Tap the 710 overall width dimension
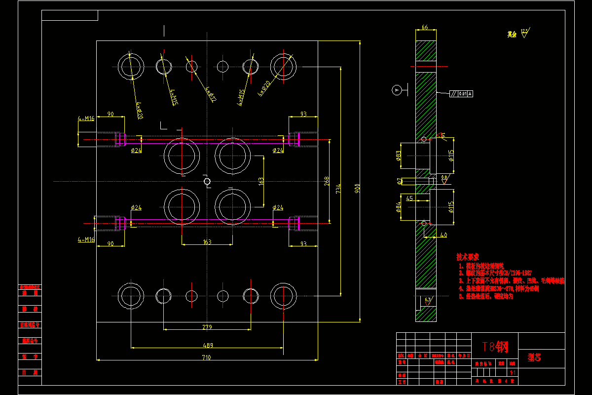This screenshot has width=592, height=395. click(x=206, y=357)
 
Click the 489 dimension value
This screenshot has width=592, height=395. click(x=206, y=345)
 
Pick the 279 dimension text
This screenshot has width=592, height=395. click(x=207, y=327)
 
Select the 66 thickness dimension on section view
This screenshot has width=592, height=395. click(x=425, y=28)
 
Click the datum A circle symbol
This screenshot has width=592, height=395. click(x=396, y=90)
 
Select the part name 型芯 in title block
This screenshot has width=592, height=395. click(x=534, y=357)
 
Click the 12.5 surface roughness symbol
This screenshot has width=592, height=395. click(x=524, y=33)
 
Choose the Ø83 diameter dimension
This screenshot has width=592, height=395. click(x=398, y=157)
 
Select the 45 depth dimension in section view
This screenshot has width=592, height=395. click(x=409, y=198)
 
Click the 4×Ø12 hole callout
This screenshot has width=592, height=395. click(x=211, y=94)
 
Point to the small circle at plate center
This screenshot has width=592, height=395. click(x=207, y=182)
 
